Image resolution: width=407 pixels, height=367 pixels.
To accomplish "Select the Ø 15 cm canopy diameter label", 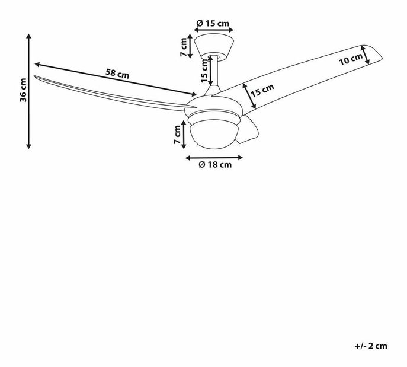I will pos(213,24).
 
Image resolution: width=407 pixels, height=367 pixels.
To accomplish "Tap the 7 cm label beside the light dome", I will pos(177,135).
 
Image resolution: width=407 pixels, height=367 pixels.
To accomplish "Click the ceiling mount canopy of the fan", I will pos(213,45).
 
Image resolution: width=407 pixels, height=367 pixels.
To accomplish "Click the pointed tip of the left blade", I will pos(35,76).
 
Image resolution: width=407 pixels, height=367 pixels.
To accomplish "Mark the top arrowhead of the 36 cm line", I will pos(28,36).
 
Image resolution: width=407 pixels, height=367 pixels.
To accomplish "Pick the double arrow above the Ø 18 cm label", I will pos(214,157).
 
